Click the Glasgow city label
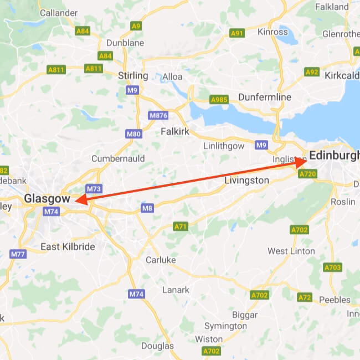pos(47,198)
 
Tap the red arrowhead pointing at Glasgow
pos(79,200)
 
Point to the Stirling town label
pos(133,75)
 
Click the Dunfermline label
pos(264,97)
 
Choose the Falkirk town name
pos(175,131)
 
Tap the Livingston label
pos(246,181)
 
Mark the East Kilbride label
pos(68,246)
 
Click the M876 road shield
pos(158,115)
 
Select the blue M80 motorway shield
pos(134,133)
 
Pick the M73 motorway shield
pos(94,189)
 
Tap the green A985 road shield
pos(219,100)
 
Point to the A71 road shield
pos(181,227)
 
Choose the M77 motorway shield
pos(18,254)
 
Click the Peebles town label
pos(335,300)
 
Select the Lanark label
pos(176,290)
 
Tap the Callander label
pos(58,12)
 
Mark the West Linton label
pos(291,251)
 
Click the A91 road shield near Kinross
pos(237,33)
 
